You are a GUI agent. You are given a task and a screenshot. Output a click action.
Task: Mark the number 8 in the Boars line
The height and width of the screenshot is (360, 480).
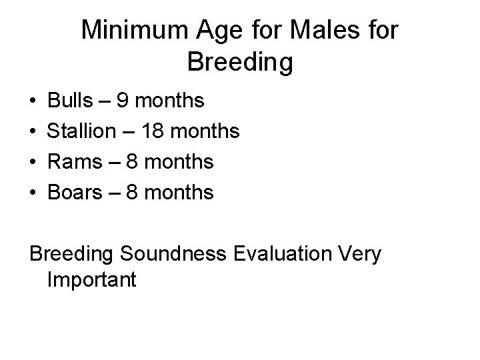(x=135, y=193)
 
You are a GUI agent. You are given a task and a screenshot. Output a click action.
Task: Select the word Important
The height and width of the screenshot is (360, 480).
(x=92, y=279)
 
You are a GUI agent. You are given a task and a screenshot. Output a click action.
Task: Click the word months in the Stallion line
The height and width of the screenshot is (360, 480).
(x=206, y=131)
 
